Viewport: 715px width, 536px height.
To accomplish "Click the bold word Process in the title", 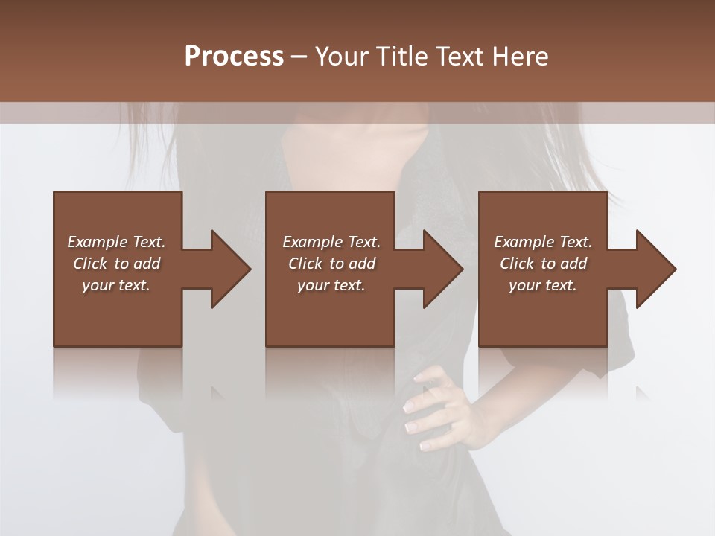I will coord(234,57).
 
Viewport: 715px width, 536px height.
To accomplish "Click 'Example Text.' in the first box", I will coord(116,242).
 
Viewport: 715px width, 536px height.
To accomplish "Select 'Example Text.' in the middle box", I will coord(331,242).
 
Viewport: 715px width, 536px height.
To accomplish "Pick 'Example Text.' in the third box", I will coord(543,242).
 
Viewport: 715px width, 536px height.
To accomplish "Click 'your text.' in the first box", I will coord(116,285).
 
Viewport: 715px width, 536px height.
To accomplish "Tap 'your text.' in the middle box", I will coord(331,285).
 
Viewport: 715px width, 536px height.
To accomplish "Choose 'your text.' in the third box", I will coord(543,285).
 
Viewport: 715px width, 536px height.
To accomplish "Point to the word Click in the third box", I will coord(518,264).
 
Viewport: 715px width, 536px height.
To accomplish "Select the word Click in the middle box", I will coord(306,264).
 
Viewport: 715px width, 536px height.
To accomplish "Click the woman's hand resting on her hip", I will coord(439,409).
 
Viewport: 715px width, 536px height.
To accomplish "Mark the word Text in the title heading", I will coord(460,57).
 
